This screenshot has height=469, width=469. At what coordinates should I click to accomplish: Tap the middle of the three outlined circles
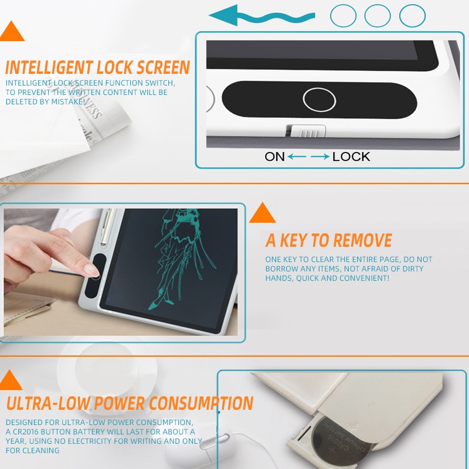point(378,16)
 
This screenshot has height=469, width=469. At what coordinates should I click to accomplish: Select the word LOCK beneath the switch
point(351,157)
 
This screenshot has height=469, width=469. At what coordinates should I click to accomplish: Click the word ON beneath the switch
point(274,157)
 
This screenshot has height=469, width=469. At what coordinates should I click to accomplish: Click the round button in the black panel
point(319,100)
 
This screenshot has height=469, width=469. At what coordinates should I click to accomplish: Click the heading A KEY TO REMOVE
point(328,240)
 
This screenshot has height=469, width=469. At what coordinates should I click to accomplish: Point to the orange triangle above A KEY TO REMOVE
point(262,213)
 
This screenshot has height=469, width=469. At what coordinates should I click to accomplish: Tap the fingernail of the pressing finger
point(91,270)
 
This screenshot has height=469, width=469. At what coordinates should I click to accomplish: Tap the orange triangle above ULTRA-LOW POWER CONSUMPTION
point(10,381)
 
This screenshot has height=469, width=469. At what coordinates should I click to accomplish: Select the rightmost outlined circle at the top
point(412,16)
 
